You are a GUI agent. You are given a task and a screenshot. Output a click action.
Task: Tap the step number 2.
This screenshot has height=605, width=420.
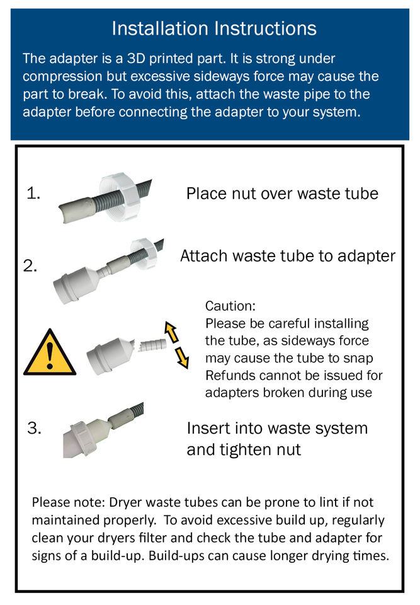click(30, 266)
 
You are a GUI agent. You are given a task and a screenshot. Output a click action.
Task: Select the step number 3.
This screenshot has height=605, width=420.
click(34, 429)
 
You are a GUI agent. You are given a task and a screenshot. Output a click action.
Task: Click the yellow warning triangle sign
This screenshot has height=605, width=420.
click(49, 354)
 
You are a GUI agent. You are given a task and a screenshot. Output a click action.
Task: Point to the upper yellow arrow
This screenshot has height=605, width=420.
click(170, 331)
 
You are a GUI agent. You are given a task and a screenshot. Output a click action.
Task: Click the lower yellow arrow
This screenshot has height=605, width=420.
click(181, 357)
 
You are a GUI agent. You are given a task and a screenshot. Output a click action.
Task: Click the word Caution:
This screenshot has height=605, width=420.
click(230, 306)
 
